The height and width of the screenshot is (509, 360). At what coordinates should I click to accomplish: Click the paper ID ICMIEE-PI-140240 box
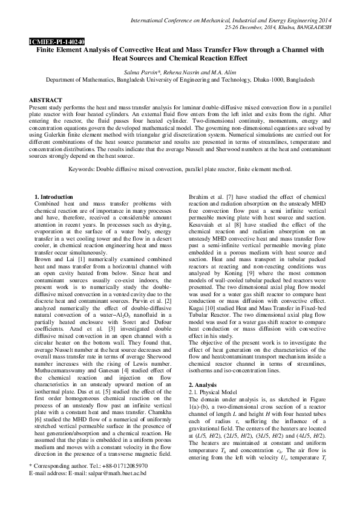(x=48, y=42)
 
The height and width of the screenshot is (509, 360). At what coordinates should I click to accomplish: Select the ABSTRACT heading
(x=45, y=99)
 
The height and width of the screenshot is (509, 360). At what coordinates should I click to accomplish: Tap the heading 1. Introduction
(x=53, y=198)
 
